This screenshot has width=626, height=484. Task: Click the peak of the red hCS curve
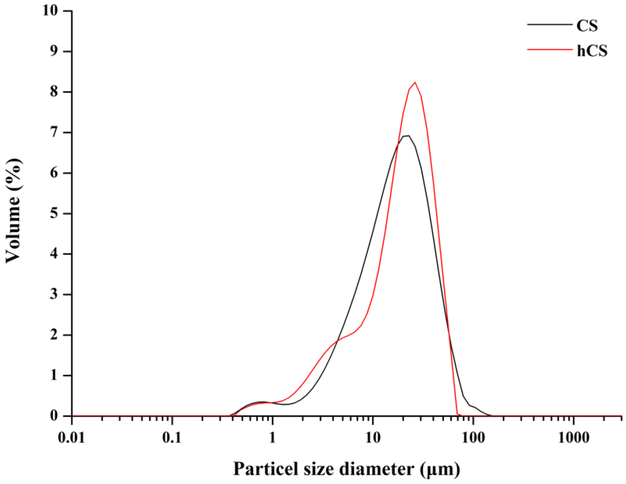point(415,82)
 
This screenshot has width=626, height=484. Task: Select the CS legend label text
point(587,26)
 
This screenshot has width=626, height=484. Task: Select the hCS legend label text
point(592,51)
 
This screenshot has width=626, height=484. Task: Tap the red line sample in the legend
point(549,50)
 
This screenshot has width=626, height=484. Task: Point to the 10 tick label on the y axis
point(50,11)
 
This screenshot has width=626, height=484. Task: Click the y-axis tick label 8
point(54,92)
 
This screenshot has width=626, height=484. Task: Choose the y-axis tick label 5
point(54,214)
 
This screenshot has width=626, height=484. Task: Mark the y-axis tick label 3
point(54,295)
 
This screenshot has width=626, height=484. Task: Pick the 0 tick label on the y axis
point(54,416)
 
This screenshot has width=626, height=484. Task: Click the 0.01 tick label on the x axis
point(71,438)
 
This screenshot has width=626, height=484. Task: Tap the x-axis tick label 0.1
point(172,438)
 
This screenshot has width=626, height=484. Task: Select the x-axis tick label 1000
point(574,438)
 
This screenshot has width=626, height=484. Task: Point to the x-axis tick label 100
point(473,438)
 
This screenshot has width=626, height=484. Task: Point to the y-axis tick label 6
point(54,173)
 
